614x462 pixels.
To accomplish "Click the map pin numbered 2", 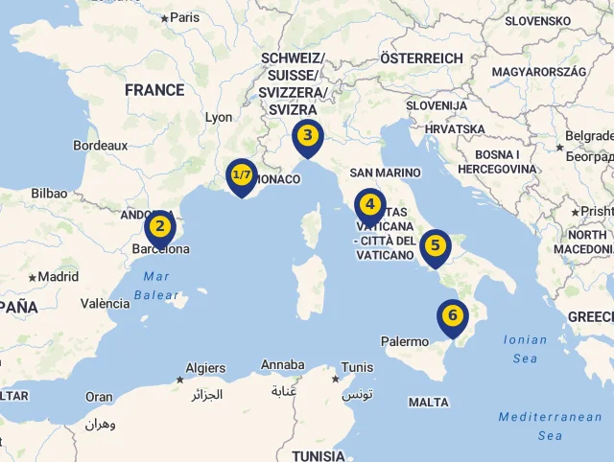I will [x=160, y=228].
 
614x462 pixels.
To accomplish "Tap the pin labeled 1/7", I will [x=242, y=176].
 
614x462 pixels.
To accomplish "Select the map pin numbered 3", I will [x=307, y=136].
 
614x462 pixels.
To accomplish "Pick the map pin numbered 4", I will [x=369, y=205].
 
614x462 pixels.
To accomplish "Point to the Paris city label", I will [x=184, y=17].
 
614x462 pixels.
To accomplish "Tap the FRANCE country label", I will [x=154, y=90].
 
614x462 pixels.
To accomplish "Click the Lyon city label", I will [x=219, y=117].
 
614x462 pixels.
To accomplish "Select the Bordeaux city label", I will [x=101, y=146].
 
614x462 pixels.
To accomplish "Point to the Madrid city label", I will [x=58, y=277].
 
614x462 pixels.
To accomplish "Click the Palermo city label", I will [x=405, y=341].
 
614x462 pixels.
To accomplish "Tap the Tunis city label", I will [x=357, y=367].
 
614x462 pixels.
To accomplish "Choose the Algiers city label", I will [x=205, y=368].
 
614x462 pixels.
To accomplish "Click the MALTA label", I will [x=428, y=403].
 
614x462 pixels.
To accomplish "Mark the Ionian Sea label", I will [x=525, y=349].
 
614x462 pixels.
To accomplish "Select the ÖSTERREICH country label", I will [x=421, y=58].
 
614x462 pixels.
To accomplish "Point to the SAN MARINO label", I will [x=385, y=173].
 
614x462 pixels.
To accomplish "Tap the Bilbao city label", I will [x=49, y=193].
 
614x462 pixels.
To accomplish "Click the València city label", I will [x=106, y=304].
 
